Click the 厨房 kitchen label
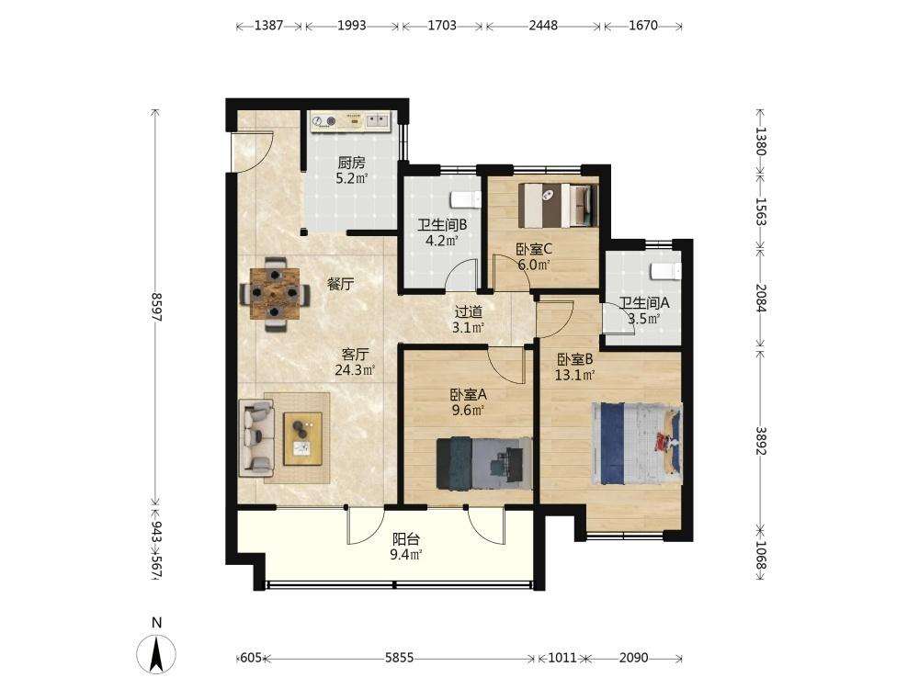click(x=351, y=163)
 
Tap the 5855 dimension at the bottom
click(x=399, y=658)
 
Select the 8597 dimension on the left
click(x=156, y=307)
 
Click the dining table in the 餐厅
click(x=274, y=294)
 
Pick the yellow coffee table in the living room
click(x=303, y=439)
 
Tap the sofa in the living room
click(x=256, y=437)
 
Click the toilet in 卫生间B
click(x=467, y=199)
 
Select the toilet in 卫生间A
click(x=666, y=272)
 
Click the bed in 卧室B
click(x=637, y=444)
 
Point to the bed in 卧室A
click(x=484, y=463)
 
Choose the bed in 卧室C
click(x=559, y=206)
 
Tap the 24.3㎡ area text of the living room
click(x=355, y=369)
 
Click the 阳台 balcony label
click(x=405, y=539)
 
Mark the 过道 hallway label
click(x=469, y=312)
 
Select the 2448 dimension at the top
click(x=543, y=26)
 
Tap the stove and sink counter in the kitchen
click(x=350, y=122)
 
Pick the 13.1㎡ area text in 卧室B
click(x=575, y=375)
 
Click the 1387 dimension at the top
click(x=269, y=26)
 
